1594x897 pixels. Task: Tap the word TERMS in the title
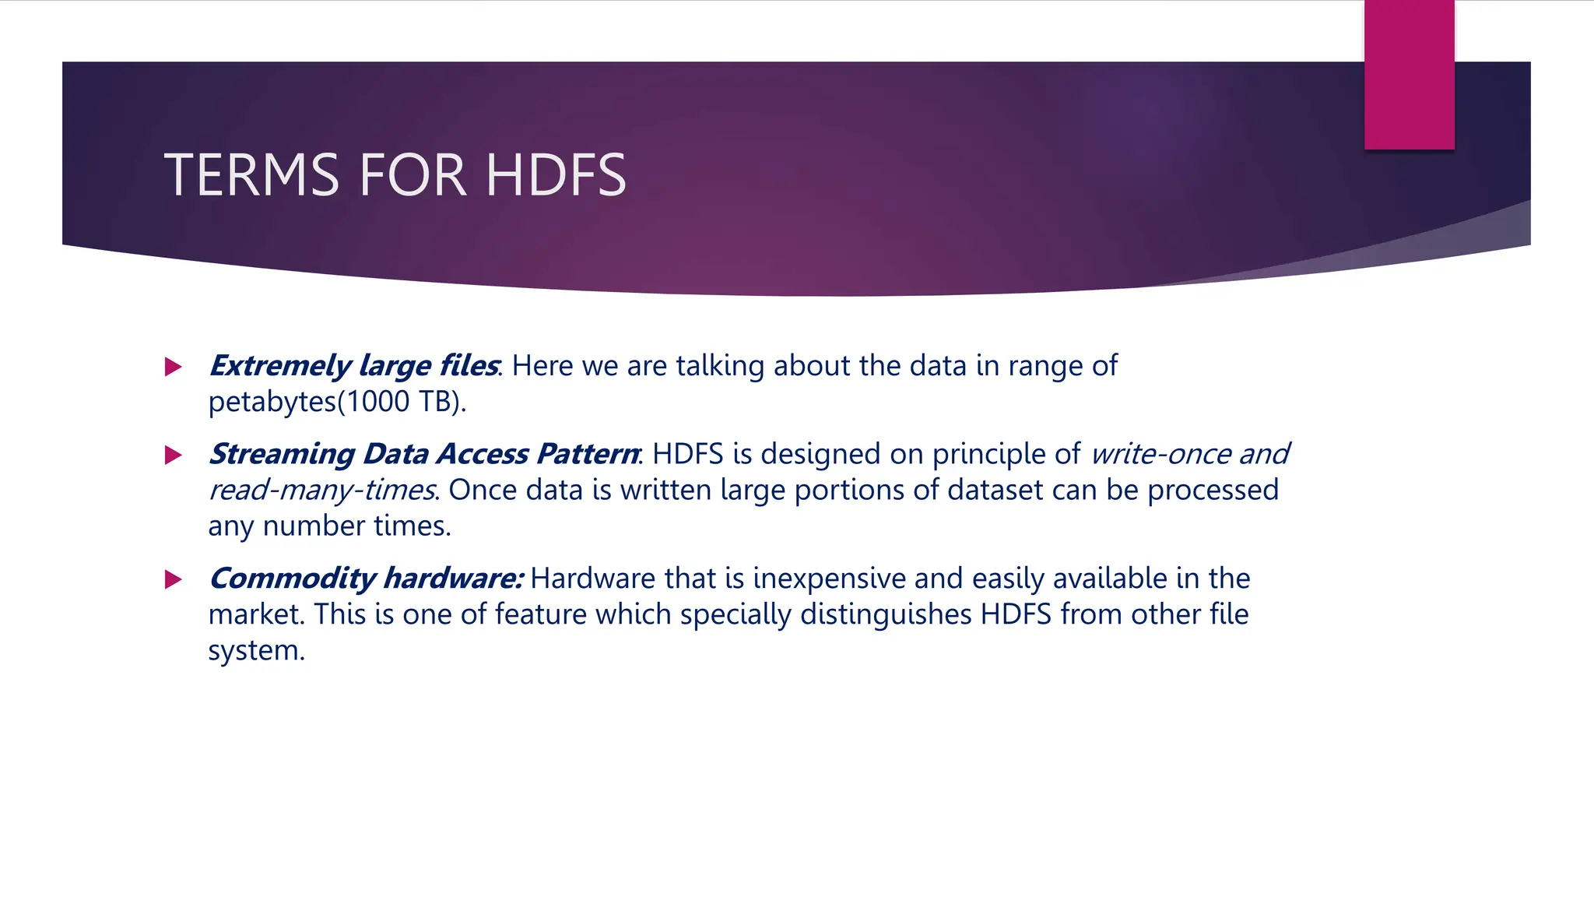pos(251,174)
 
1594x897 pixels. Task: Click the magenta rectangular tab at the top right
pos(1409,75)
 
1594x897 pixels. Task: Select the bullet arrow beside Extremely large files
pos(174,367)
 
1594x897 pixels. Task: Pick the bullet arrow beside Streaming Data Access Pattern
pos(174,455)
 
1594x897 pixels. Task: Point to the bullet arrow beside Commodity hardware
pos(174,579)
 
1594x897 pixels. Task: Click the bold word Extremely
pos(280,366)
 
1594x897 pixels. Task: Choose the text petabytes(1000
pos(309,402)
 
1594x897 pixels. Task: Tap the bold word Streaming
pos(282,454)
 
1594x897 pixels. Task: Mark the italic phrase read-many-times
pos(321,490)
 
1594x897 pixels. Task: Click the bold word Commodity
pos(293,579)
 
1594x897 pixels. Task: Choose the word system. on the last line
pos(256,650)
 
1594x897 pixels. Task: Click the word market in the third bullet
pos(256,614)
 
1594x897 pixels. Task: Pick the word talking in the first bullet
pos(720,366)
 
